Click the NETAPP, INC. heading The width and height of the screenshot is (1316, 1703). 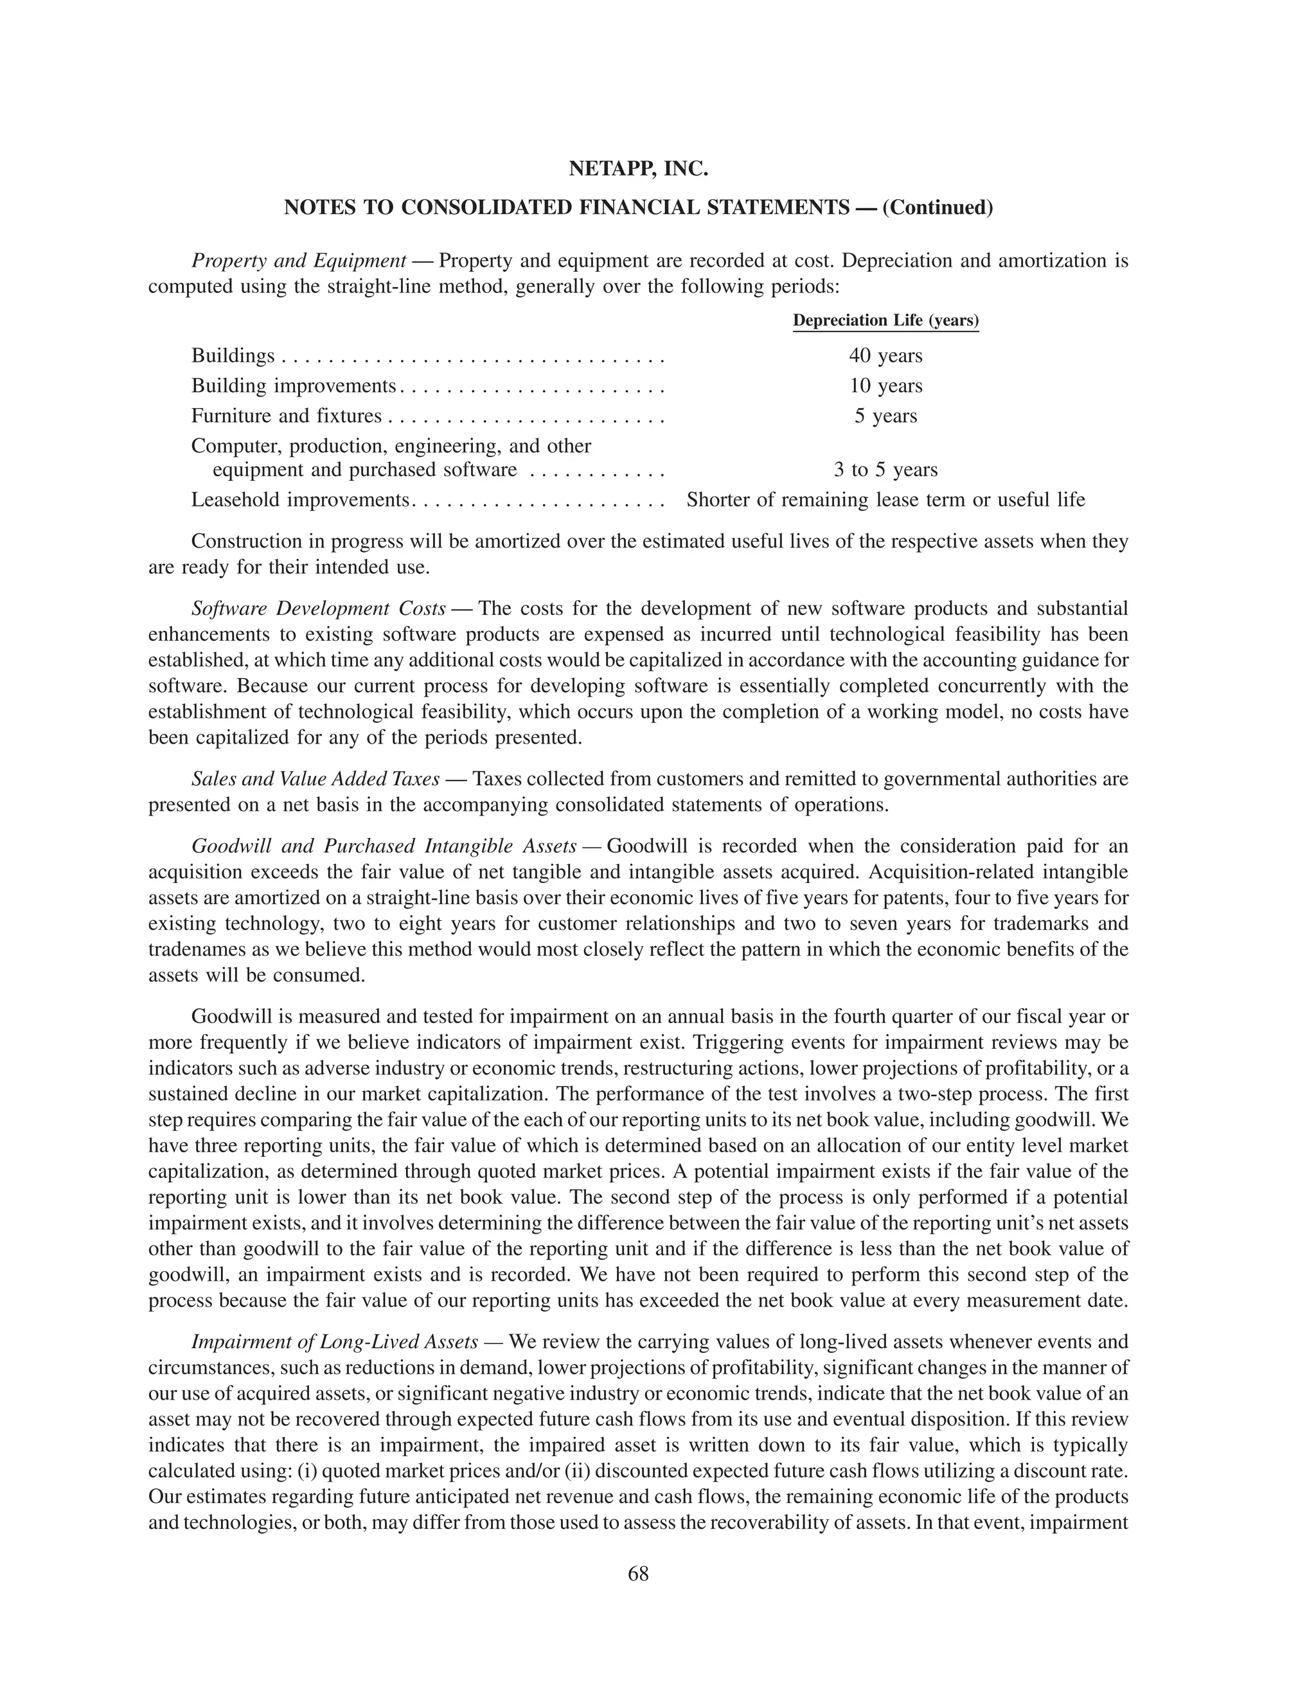[637, 168]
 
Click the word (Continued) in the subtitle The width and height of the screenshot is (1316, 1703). [938, 208]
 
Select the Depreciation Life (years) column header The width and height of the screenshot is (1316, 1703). [885, 321]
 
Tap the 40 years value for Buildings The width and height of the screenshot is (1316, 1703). [885, 357]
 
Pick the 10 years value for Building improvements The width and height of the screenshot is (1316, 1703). [885, 386]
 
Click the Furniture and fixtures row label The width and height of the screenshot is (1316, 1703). [286, 416]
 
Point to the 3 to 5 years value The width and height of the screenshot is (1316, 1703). [885, 469]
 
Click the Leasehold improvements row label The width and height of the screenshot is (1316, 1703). [300, 500]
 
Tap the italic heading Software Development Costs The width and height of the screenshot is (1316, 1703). [318, 608]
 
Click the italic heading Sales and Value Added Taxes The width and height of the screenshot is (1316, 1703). [315, 779]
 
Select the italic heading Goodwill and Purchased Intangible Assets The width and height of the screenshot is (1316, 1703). [384, 846]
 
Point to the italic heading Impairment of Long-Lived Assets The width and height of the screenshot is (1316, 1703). [334, 1342]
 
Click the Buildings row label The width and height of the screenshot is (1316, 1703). [233, 357]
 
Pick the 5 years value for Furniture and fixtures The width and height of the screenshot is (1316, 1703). [885, 416]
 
